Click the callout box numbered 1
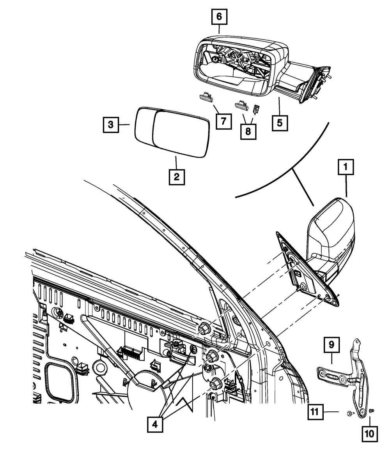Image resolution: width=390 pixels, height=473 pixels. (x=346, y=168)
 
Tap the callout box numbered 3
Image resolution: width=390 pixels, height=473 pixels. (x=111, y=125)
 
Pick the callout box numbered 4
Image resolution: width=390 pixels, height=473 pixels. (x=155, y=424)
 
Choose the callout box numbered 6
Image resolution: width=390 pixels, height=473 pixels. (x=219, y=16)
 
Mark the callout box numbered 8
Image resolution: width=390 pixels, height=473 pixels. (x=248, y=131)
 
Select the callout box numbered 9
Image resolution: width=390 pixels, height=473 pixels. (x=331, y=344)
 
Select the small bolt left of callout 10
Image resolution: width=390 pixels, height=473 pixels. (x=371, y=411)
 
